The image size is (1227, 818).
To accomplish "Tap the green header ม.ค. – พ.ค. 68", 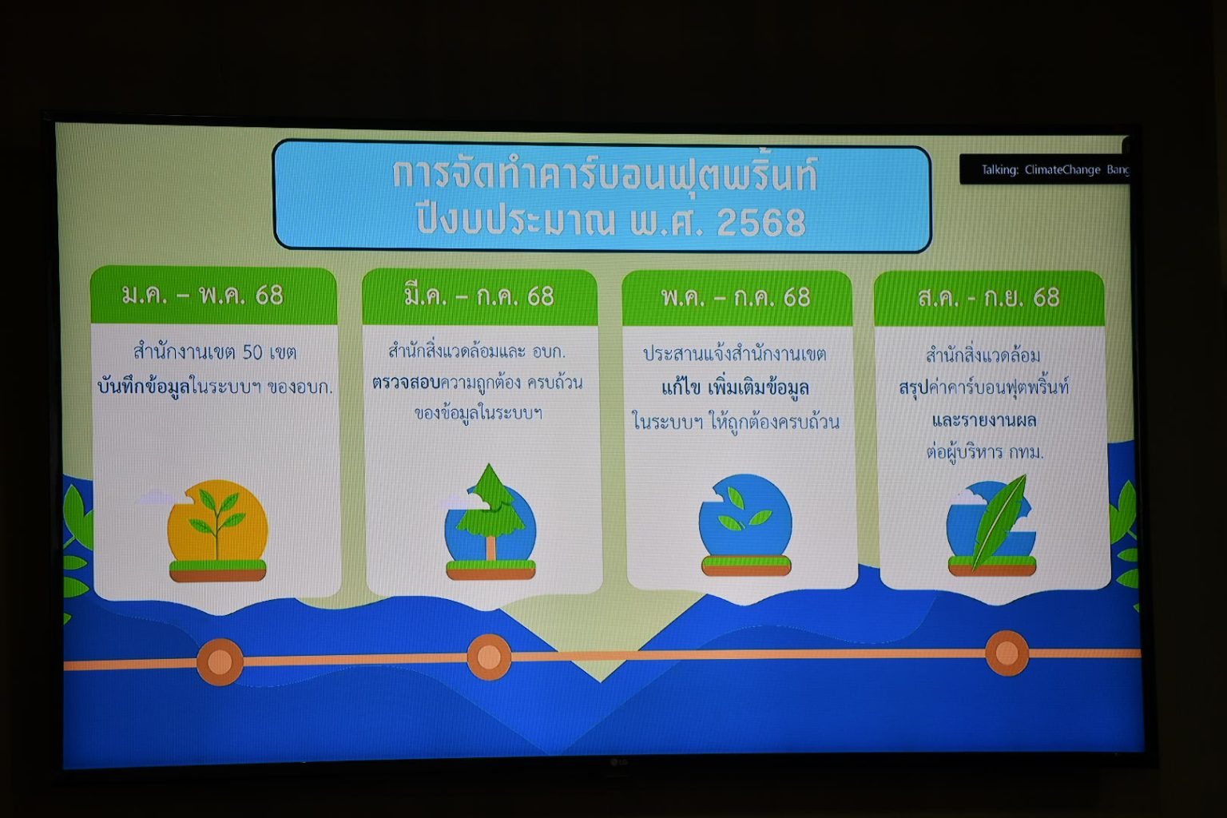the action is pyautogui.click(x=213, y=296).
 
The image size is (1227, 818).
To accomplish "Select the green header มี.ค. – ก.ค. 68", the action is pyautogui.click(x=480, y=296).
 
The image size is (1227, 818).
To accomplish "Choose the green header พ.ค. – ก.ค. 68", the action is pyautogui.click(x=737, y=297).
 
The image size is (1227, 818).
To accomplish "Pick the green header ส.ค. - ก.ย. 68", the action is pyautogui.click(x=989, y=298).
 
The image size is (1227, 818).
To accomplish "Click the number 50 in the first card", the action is pyautogui.click(x=252, y=352).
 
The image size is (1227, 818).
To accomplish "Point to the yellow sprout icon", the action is pyautogui.click(x=217, y=530).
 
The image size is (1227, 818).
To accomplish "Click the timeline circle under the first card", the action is pyautogui.click(x=220, y=662).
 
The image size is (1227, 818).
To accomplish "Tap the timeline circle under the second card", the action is pyautogui.click(x=489, y=657).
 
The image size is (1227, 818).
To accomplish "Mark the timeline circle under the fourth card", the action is pyautogui.click(x=1007, y=653).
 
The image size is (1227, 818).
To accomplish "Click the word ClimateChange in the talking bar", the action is pyautogui.click(x=1062, y=170).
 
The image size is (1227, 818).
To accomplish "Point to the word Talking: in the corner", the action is pyautogui.click(x=999, y=170).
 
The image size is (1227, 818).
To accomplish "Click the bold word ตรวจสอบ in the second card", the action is pyautogui.click(x=406, y=383).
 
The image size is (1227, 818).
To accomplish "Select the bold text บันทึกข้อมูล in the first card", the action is pyautogui.click(x=144, y=387).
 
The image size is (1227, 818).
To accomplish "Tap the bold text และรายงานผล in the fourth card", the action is pyautogui.click(x=984, y=421).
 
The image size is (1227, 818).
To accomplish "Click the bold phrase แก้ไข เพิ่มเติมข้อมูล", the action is pyautogui.click(x=735, y=388).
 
